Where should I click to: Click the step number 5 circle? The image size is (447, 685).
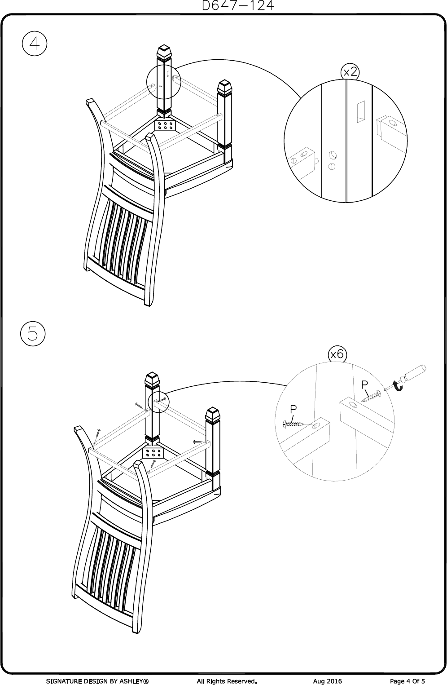(33, 334)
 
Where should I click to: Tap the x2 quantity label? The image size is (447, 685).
(350, 72)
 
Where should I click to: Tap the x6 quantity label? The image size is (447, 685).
(337, 354)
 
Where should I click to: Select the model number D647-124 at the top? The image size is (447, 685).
(238, 6)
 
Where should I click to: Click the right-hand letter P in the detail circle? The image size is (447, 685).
(364, 385)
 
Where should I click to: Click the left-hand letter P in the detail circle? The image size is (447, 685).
(293, 409)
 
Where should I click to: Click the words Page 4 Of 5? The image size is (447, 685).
(408, 681)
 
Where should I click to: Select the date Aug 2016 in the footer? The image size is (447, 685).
(327, 681)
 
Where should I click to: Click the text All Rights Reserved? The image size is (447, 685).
(227, 681)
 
